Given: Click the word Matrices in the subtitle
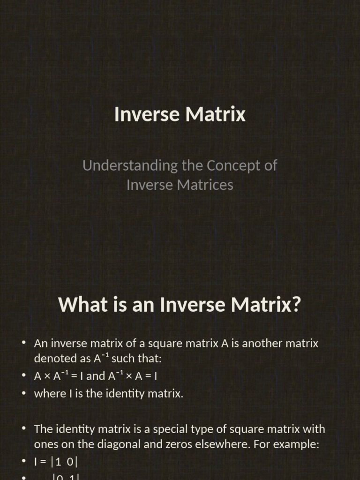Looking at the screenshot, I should pos(206,185).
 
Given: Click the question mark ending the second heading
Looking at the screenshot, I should pos(295,305).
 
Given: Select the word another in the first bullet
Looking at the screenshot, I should pos(262,344).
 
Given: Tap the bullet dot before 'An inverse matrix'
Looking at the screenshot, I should pos(23,343).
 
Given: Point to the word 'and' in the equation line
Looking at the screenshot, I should pos(96,376).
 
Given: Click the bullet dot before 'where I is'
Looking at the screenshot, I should pos(23,393).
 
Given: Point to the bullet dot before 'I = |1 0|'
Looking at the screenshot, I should pos(23,462).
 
